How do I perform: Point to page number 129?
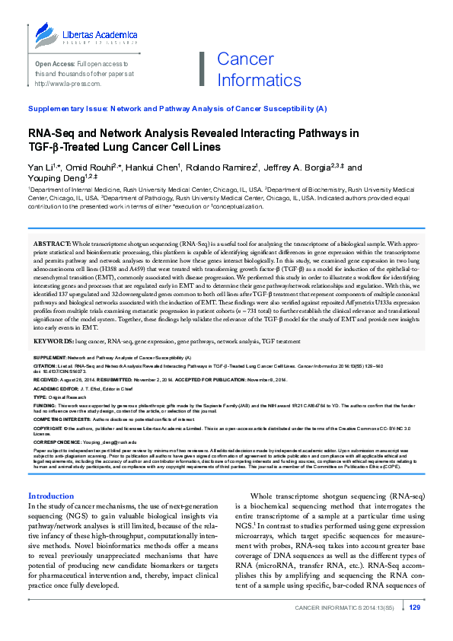click(415, 629)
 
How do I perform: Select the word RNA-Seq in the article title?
click(50, 132)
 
